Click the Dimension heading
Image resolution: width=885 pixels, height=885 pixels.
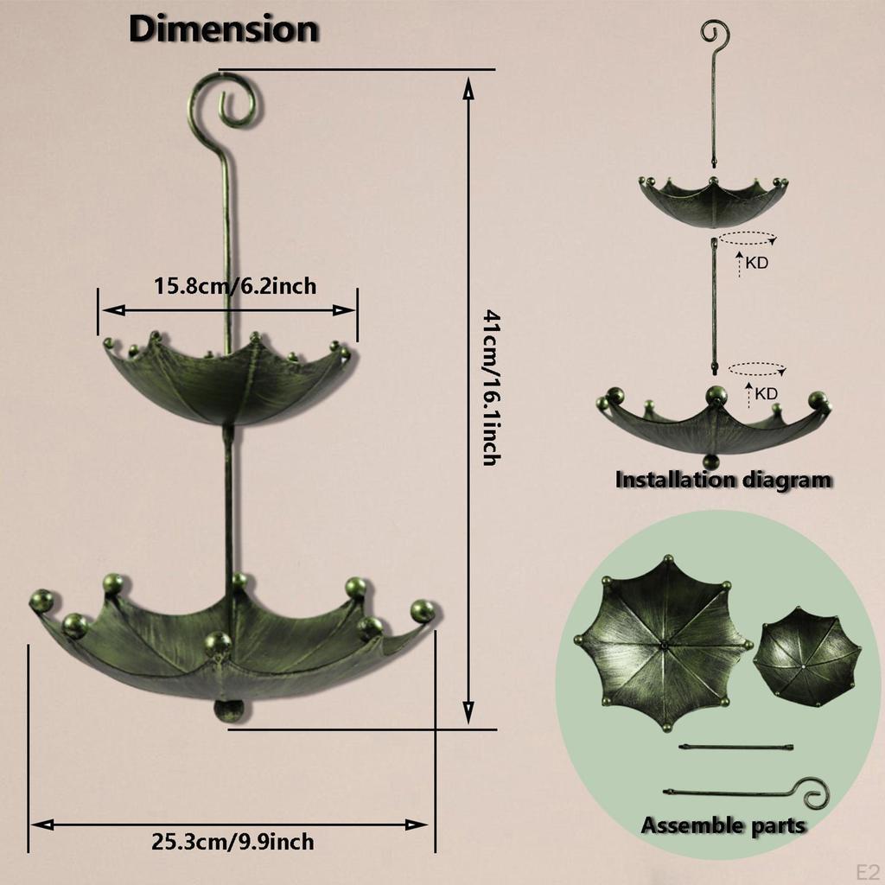click(223, 29)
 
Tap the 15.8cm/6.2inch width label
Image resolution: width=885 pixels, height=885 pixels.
click(235, 285)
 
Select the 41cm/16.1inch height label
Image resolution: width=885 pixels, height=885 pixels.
click(489, 389)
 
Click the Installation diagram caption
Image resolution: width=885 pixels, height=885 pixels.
click(723, 480)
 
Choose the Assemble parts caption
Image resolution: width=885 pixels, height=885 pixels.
click(723, 825)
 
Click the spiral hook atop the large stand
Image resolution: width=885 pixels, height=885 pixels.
click(224, 99)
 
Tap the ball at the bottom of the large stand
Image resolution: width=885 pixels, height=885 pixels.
click(229, 710)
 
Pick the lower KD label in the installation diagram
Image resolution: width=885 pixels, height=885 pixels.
click(766, 393)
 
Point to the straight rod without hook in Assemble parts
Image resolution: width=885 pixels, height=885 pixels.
click(735, 746)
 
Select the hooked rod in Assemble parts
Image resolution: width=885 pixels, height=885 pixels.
click(743, 791)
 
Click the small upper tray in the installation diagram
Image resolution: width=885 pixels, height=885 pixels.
click(713, 201)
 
